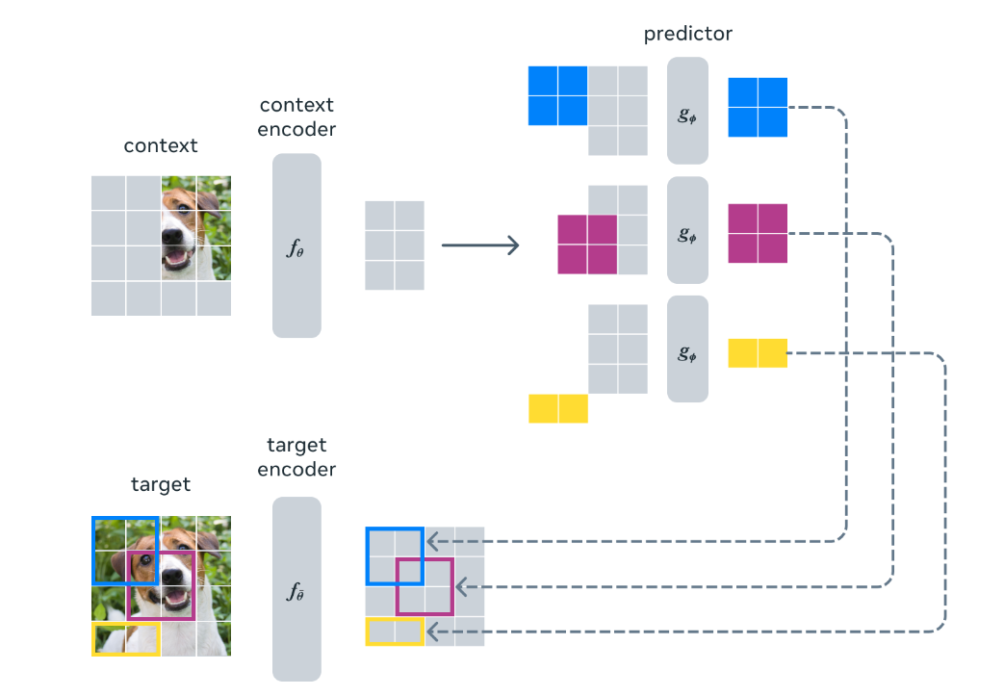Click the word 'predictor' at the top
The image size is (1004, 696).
pyautogui.click(x=688, y=34)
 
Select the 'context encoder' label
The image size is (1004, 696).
pyautogui.click(x=296, y=116)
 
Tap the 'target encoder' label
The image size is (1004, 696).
pyautogui.click(x=296, y=457)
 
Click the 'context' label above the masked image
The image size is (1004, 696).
pyautogui.click(x=161, y=146)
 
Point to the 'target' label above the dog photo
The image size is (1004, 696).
pyautogui.click(x=161, y=485)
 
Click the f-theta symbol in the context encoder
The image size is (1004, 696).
pyautogui.click(x=296, y=246)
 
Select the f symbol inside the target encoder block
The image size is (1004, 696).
pyautogui.click(x=296, y=591)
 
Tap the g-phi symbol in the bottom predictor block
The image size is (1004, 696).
pyautogui.click(x=687, y=351)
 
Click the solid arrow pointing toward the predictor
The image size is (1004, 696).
pyautogui.click(x=479, y=245)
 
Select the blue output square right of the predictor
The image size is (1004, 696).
pyautogui.click(x=758, y=107)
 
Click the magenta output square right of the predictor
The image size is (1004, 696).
pyautogui.click(x=758, y=233)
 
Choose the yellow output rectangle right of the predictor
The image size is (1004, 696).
pyautogui.click(x=758, y=353)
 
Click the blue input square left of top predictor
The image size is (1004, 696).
pyautogui.click(x=557, y=95)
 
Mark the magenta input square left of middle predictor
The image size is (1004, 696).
pyautogui.click(x=587, y=245)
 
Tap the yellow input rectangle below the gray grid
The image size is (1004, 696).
pyautogui.click(x=557, y=409)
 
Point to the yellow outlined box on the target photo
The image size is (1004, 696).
pyautogui.click(x=125, y=638)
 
